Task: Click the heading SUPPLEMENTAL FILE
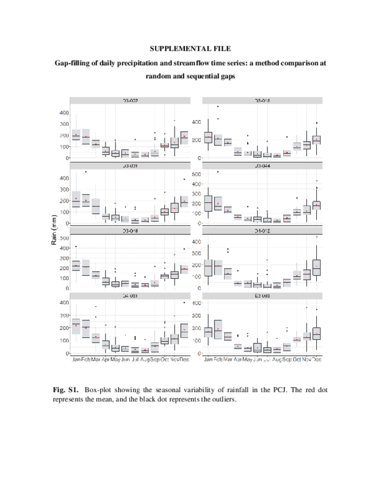click(190, 48)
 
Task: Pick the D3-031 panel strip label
click(130, 166)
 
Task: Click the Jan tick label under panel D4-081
click(76, 360)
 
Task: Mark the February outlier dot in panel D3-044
click(218, 172)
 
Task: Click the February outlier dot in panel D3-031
click(86, 172)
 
